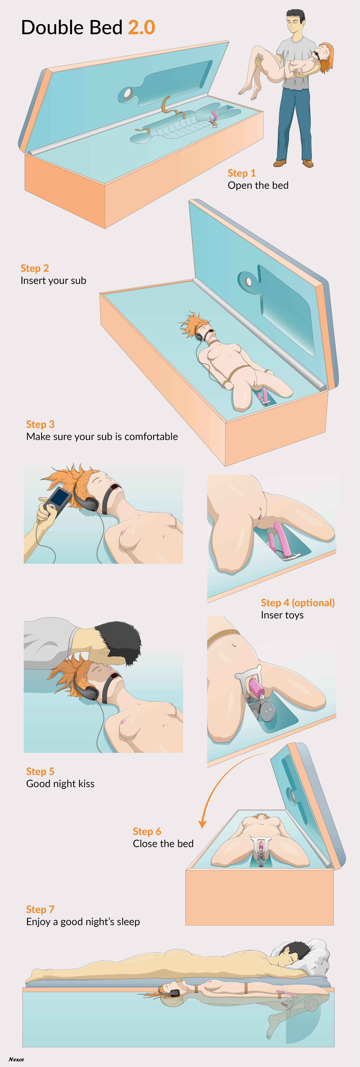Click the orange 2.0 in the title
tap(141, 27)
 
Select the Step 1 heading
tap(241, 173)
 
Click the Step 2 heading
tap(35, 268)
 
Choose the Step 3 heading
tap(40, 424)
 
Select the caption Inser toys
tap(282, 615)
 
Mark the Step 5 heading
tap(40, 771)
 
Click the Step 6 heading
tap(147, 831)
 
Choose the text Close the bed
tap(163, 844)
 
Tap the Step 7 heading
tap(40, 909)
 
